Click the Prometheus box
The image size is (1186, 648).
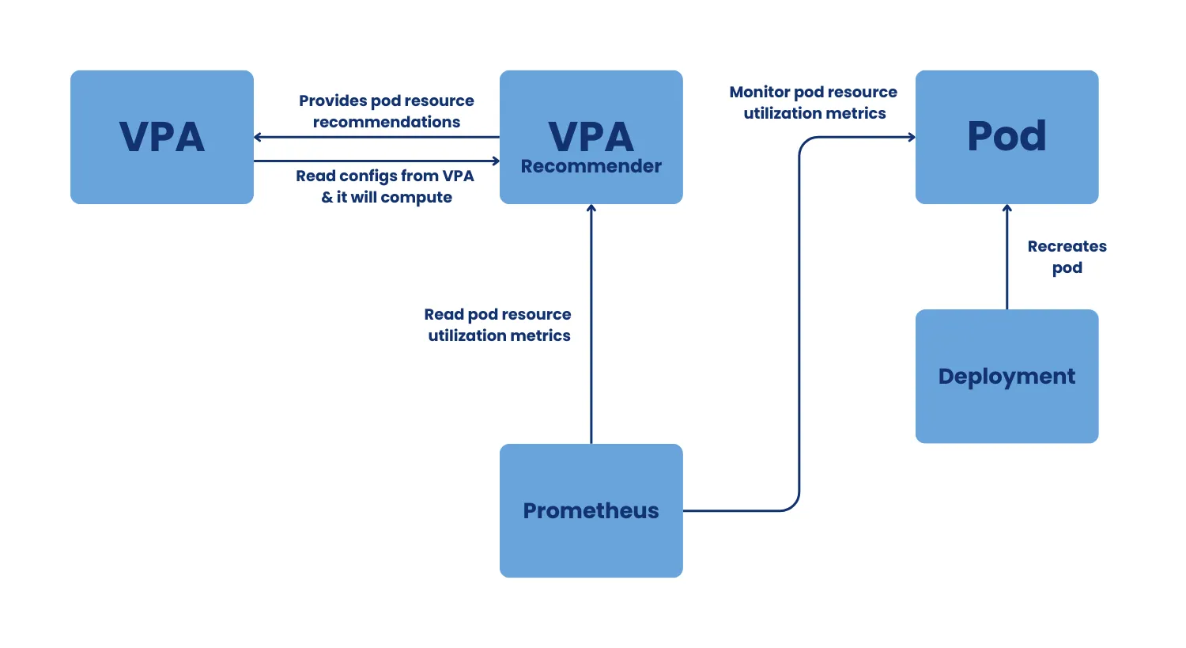[x=591, y=510]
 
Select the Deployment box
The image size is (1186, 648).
[x=1007, y=376]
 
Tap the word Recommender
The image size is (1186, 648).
[x=591, y=166]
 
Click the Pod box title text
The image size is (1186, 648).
[x=1007, y=136]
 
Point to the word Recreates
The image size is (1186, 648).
[x=1067, y=246]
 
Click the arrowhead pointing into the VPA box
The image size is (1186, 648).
[x=258, y=137]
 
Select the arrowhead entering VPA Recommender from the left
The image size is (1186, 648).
[x=496, y=161]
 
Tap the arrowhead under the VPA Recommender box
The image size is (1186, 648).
[x=591, y=208]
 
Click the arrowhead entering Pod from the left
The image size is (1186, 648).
[x=912, y=137]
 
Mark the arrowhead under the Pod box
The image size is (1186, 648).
[x=1007, y=208]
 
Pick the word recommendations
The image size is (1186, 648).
[x=387, y=122]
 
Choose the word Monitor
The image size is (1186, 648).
[x=760, y=93]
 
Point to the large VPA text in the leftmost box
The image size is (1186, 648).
[x=161, y=137]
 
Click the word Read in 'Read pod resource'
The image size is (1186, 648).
[x=444, y=314]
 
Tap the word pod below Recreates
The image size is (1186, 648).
[x=1067, y=268]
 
